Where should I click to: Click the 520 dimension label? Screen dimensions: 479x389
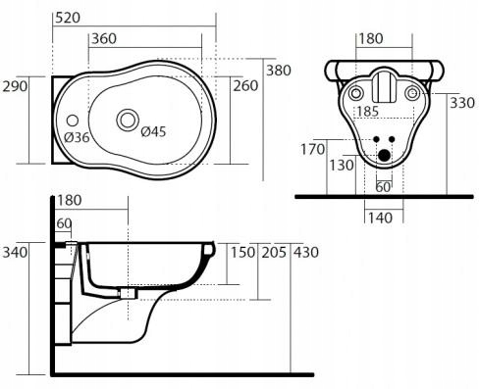coord(68,18)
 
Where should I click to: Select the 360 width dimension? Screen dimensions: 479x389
coord(104,38)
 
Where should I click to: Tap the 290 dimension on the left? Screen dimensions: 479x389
coord(15,86)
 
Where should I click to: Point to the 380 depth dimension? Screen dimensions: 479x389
coord(279,71)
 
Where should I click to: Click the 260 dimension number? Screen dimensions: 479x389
coord(245,85)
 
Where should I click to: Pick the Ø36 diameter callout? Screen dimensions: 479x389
coord(77,137)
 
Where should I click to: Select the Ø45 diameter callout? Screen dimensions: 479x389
coord(153,131)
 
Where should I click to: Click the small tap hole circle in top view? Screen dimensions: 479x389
coord(73,121)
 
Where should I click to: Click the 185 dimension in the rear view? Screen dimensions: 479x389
coord(368,111)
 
